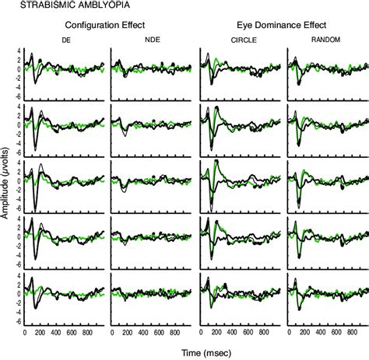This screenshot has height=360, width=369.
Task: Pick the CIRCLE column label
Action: [237, 39]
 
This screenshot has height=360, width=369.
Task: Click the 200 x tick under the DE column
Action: [41, 333]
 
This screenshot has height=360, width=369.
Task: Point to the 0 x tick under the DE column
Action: [26, 333]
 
